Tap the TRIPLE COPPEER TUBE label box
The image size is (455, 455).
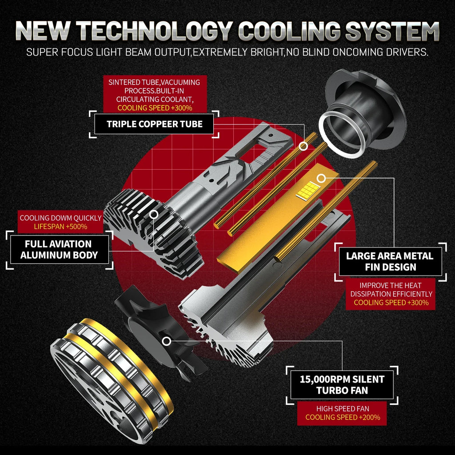pos(154,124)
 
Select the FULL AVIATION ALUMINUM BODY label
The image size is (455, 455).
pos(59,250)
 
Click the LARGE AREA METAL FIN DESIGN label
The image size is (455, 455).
pos(390,261)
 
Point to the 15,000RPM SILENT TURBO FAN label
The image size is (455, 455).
pos(342,385)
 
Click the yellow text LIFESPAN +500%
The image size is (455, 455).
pos(60,227)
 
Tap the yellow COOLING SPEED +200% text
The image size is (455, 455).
pos(343,417)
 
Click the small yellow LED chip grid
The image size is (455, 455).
pos(308,190)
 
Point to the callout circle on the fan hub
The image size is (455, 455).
pos(166,341)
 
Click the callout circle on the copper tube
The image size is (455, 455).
pos(303,146)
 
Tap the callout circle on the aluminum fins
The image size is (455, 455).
pos(154,215)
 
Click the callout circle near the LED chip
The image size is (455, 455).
pos(321,179)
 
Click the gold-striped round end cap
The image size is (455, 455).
pos(112,380)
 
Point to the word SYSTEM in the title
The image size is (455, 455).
pos(392,31)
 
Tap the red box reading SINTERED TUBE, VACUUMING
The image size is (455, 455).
pos(155,95)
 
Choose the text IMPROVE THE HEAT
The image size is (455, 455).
pos(390,286)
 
